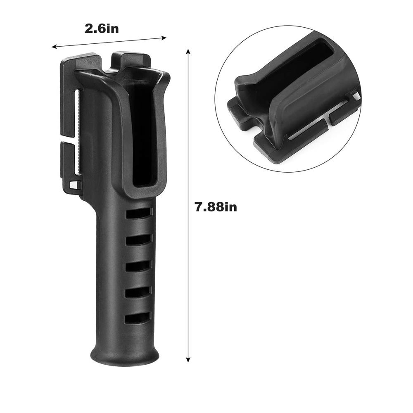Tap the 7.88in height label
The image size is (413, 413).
tap(216, 206)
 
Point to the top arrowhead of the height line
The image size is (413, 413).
tap(188, 52)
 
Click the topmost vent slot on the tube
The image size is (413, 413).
tap(139, 213)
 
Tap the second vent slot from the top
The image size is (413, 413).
tap(139, 240)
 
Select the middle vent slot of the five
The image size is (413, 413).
tap(139, 266)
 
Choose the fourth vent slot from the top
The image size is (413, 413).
tap(139, 293)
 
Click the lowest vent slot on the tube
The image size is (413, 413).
tap(139, 318)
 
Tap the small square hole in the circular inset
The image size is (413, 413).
tap(356, 95)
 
